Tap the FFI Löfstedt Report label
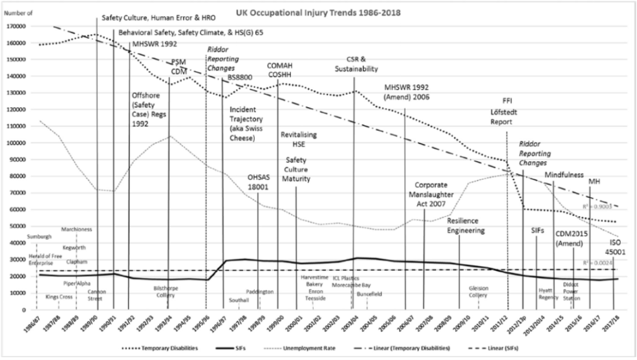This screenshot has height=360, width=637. [x=506, y=111]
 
